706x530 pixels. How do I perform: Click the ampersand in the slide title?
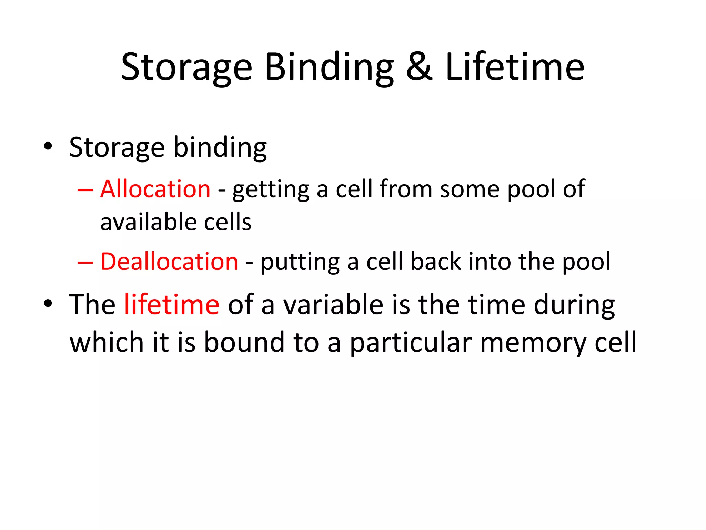pos(419,67)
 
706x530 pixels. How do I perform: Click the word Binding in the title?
pos(329,67)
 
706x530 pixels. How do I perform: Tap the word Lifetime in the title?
pos(515,67)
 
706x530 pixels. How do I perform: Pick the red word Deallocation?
pos(169,261)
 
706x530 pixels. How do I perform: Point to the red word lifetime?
pos(171,304)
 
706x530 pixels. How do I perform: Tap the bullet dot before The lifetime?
pos(48,304)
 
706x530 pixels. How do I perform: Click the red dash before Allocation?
pos(85,190)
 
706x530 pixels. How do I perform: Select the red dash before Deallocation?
pos(85,263)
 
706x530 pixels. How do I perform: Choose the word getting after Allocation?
pos(271,190)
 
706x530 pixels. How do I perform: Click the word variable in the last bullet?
pos(333,304)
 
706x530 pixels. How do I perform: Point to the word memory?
pos(533,343)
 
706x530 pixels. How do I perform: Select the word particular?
pos(411,343)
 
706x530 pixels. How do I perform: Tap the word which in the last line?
pos(107,342)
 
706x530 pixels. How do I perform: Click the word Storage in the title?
pos(186,67)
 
